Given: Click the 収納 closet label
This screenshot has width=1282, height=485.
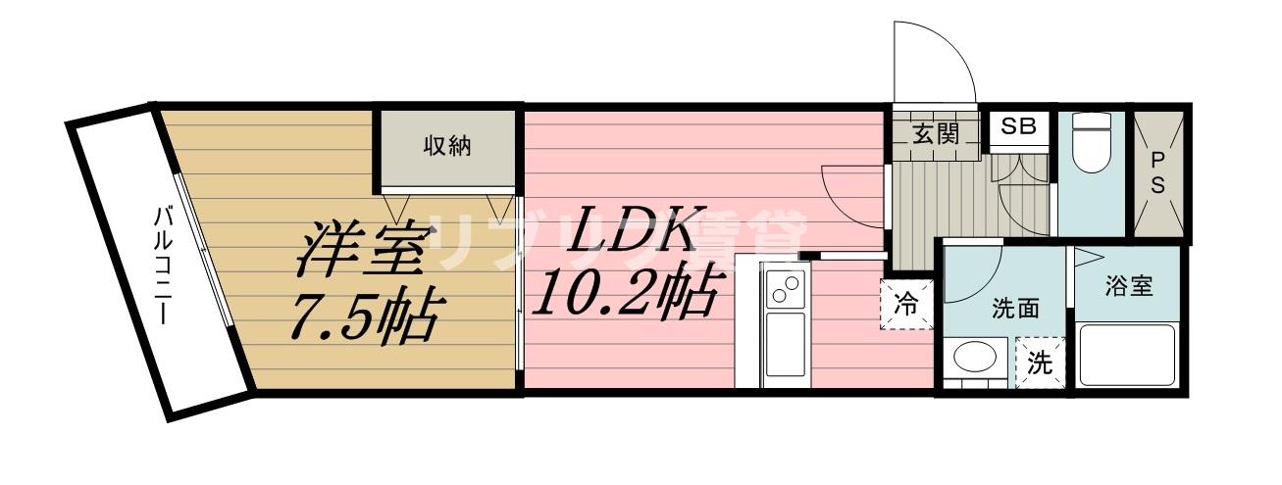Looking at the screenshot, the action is point(447,147).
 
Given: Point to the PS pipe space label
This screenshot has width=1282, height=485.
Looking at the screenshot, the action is point(1157,173).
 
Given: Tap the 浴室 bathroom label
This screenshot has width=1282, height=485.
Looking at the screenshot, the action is point(1128,286).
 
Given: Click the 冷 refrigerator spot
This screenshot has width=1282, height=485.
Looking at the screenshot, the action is point(906,305).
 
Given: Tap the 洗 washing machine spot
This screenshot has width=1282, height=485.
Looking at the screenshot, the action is point(1040,363).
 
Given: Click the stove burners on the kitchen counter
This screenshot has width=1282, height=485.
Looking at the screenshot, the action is point(786,290).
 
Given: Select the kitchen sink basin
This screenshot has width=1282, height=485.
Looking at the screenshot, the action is point(785,344).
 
